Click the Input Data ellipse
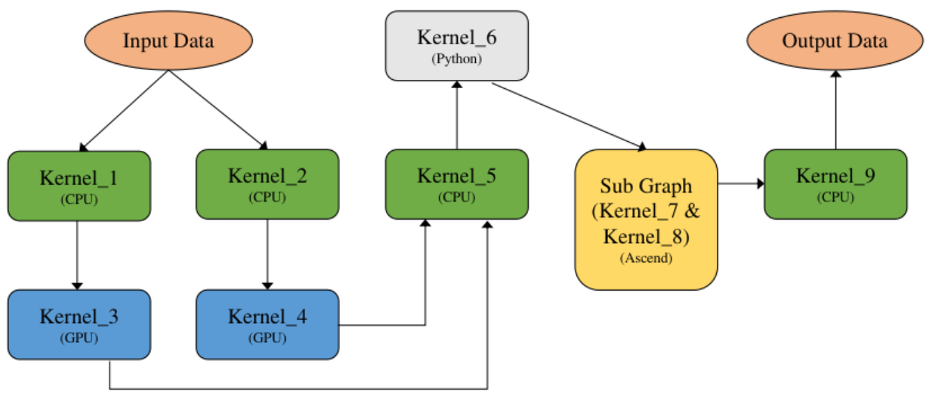(168, 41)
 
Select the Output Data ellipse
(835, 41)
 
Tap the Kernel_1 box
(79, 185)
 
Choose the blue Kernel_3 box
(79, 324)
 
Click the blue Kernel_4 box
(267, 324)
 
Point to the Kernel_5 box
(457, 185)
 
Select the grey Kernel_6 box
(457, 45)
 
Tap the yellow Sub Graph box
(647, 219)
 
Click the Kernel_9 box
(835, 184)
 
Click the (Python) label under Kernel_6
(457, 59)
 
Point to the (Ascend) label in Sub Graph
(647, 259)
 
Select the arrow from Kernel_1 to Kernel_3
(77, 255)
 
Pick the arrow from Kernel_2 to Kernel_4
(267, 255)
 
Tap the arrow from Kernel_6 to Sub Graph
(569, 116)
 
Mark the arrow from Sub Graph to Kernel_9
(741, 184)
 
